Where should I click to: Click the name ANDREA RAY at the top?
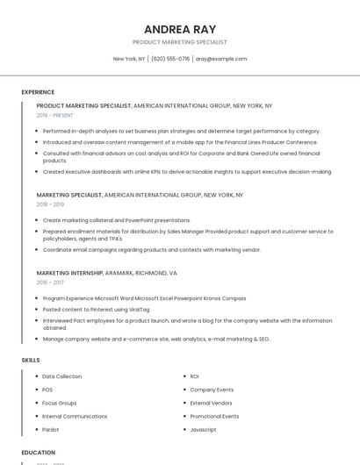point(179,29)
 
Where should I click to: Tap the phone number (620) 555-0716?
point(170,59)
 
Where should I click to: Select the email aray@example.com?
point(221,59)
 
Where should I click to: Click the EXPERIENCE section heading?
point(38,92)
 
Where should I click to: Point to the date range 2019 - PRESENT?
point(55,115)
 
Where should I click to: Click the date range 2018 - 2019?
point(50,204)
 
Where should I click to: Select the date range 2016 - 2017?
point(50,283)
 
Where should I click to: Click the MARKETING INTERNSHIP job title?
point(69,273)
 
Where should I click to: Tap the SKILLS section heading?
point(31,360)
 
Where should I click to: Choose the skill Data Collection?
point(61,376)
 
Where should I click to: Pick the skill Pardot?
point(51,430)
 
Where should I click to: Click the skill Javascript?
point(203,430)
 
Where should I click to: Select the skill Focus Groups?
point(59,403)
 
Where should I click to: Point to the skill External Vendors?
point(212,403)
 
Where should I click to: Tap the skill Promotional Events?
point(214,417)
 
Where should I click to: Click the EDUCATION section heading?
point(38,453)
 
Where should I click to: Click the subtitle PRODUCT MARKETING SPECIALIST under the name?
point(179,42)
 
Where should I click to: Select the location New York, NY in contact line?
point(129,59)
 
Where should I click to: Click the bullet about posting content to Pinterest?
point(97,310)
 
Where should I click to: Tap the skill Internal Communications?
point(75,417)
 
